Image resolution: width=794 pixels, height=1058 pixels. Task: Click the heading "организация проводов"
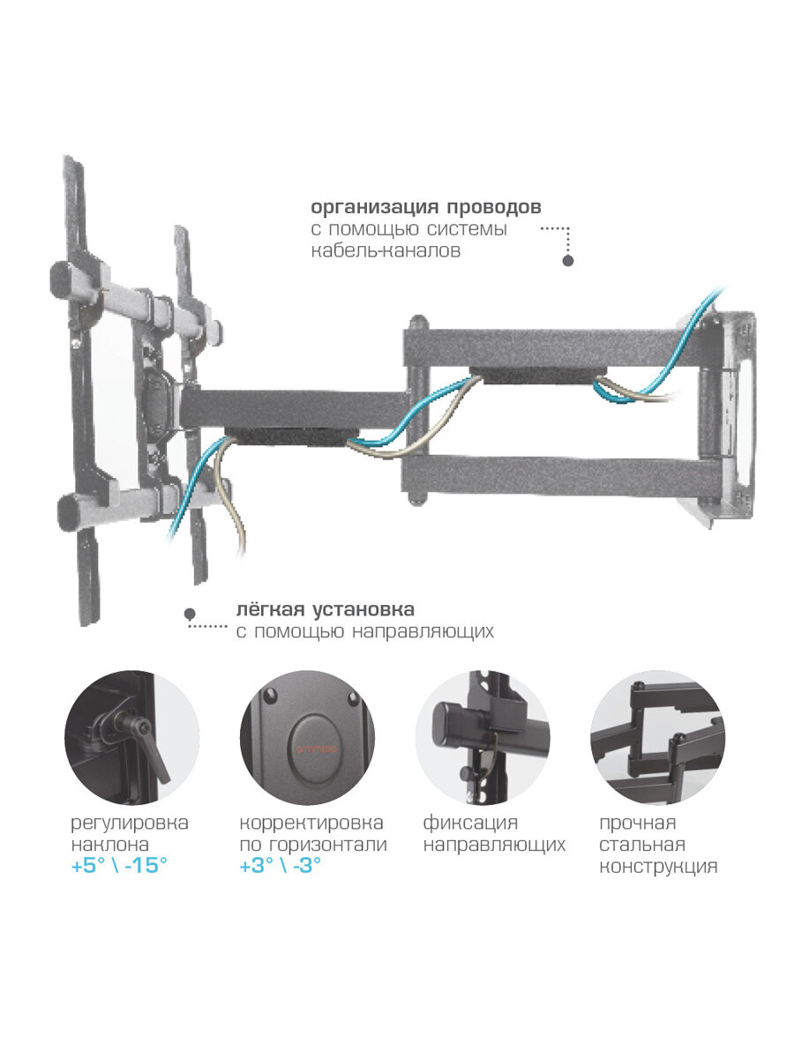coord(425,207)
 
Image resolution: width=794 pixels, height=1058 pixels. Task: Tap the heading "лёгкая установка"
coord(325,610)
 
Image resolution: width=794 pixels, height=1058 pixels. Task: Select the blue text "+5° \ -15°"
coord(119,866)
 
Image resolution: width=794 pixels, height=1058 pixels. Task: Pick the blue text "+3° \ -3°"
coord(281,866)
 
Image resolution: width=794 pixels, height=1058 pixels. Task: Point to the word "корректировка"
coord(311,823)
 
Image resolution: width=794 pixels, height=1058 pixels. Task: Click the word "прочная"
coord(638,823)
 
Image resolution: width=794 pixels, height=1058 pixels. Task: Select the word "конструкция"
coord(658,867)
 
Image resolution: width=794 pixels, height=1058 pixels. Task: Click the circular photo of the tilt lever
coord(131,738)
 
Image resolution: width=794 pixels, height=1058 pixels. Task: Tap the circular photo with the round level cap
coord(307,738)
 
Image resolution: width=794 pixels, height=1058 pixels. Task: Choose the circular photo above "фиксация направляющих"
coord(483,738)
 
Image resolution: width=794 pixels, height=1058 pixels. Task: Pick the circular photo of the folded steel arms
coord(657,738)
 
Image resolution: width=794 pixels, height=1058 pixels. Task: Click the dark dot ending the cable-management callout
coord(568,260)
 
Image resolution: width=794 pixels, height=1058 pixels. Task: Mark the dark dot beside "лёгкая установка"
coord(189,613)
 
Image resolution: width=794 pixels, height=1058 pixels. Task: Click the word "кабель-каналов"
coord(385,250)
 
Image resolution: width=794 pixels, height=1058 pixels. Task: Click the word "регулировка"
coord(130,823)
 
